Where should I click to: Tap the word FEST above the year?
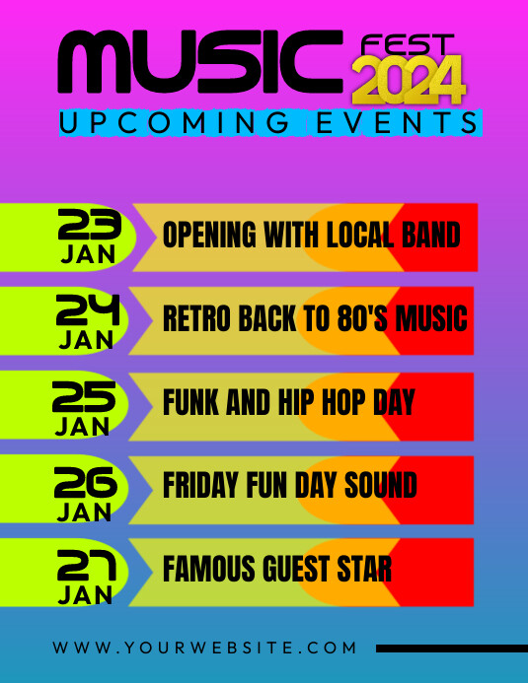pos(408,45)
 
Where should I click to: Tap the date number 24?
pos(89,310)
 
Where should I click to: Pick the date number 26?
pos(86,482)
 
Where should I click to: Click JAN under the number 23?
pos(88,254)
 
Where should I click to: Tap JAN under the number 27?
pos(85,595)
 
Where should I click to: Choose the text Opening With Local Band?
pos(311,236)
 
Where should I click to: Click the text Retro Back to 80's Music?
pos(315,319)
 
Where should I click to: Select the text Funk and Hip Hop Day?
pos(288,402)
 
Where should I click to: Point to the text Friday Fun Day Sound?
pos(289,486)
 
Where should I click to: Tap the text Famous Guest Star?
pos(277,570)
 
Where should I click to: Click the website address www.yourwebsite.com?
pos(204,648)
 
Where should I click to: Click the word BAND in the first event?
pos(431,236)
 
